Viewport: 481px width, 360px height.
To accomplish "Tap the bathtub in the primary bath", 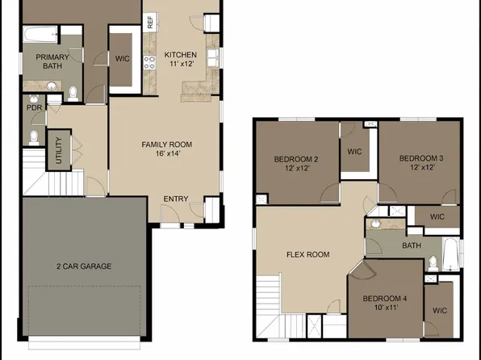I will [40, 35].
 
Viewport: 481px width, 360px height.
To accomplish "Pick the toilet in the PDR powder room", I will [34, 136].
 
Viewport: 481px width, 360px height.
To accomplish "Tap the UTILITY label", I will [57, 149].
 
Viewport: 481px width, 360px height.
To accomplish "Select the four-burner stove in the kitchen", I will [149, 62].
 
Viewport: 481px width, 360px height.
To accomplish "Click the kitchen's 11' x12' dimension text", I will [181, 64].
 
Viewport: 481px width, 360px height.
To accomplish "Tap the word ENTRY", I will [177, 199].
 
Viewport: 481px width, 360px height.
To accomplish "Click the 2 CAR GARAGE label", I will [83, 266].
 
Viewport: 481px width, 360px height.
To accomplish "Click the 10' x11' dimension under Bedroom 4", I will [386, 307].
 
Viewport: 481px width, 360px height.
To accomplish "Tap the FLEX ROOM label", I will [307, 254].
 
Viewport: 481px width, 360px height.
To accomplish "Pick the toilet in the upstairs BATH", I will [433, 262].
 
